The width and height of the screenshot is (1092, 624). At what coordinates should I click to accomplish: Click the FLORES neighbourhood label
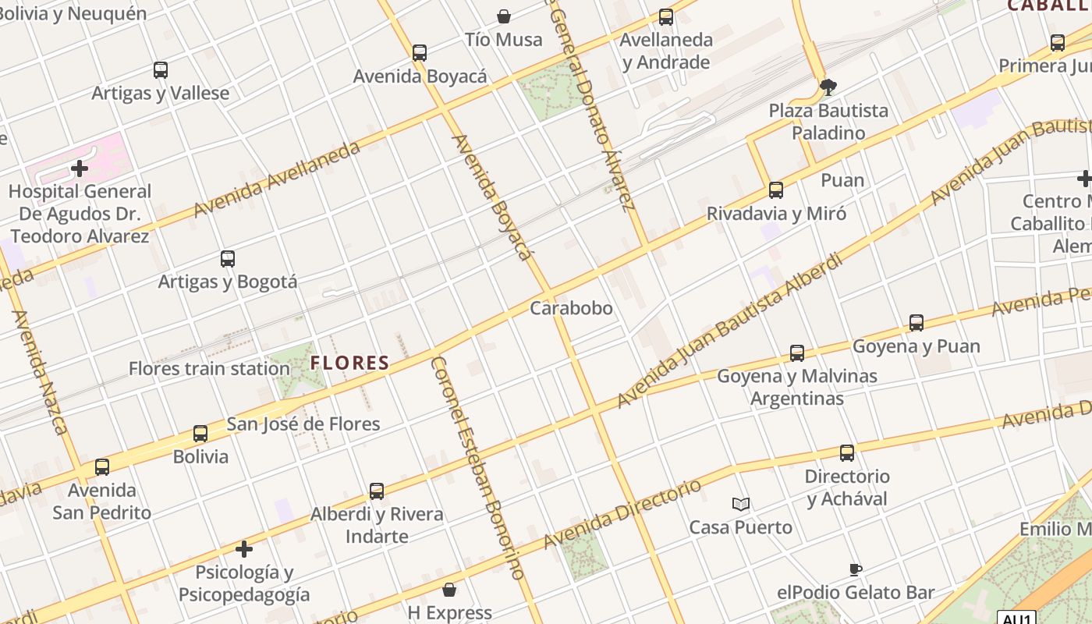pos(349,363)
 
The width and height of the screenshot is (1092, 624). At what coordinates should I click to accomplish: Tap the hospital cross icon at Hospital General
pos(80,168)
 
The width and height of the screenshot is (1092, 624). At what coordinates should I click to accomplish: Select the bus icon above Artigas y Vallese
pos(161,70)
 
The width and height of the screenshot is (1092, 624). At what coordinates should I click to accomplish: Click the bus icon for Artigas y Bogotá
pos(228,259)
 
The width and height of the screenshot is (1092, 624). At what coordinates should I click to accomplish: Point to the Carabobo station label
pos(571,308)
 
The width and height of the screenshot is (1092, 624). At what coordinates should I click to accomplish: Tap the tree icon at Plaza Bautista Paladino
pos(828,87)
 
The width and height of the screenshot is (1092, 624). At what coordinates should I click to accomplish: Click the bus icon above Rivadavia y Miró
pos(776,190)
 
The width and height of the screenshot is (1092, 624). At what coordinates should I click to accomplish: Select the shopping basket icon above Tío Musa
pos(504,16)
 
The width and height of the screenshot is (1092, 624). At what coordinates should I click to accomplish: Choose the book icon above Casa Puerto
pos(741,505)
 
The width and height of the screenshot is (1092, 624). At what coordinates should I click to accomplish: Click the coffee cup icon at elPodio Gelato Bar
pos(856,570)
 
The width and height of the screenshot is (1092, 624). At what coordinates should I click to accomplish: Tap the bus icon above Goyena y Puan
pos(916,323)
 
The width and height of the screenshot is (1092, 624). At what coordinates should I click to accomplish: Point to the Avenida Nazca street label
pos(40,372)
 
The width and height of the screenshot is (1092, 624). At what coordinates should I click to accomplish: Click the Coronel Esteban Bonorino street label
pos(477,468)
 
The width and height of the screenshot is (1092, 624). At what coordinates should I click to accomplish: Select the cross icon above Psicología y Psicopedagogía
pos(244,550)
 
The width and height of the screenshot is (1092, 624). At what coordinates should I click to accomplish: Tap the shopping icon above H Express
pos(449,590)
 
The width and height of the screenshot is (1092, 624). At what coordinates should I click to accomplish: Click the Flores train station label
pos(209,368)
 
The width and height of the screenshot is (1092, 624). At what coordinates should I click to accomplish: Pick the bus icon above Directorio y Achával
pos(847,453)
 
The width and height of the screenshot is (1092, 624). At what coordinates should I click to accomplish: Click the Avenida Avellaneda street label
pos(277,179)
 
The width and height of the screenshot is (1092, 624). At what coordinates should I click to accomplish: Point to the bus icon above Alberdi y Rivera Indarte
pos(377,491)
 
